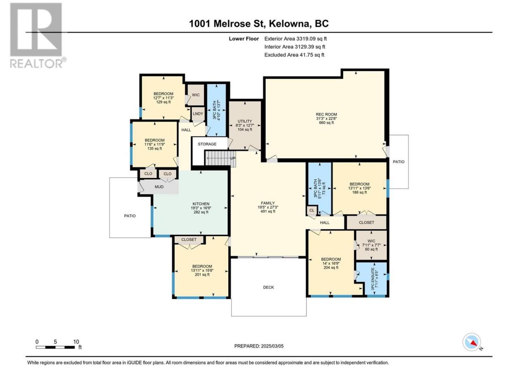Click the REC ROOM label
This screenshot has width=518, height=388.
point(326,114)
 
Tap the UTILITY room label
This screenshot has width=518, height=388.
point(245,121)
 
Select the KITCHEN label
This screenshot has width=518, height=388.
point(201,204)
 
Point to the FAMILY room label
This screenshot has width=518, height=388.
point(268,203)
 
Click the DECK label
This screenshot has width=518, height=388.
point(269,287)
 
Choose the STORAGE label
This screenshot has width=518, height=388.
point(207,144)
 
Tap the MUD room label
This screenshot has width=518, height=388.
point(159,187)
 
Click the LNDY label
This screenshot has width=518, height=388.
point(198,114)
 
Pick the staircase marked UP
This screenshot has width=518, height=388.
point(220,158)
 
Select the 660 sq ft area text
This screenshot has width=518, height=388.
point(326,123)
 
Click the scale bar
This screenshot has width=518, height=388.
point(55,347)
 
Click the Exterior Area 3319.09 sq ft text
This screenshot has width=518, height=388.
point(295,39)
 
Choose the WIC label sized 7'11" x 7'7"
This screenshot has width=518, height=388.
point(371,241)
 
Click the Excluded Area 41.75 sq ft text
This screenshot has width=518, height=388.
point(294,55)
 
